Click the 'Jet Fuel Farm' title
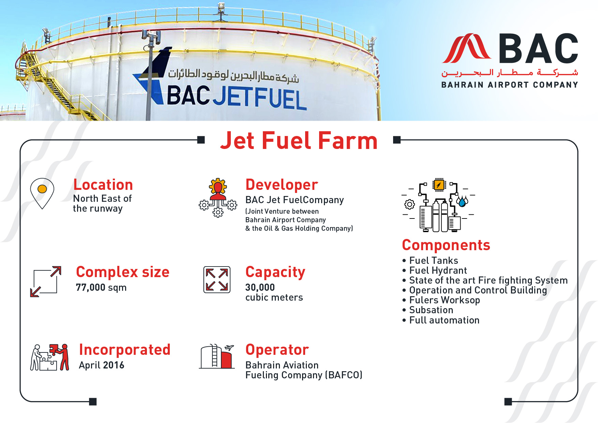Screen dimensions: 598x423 pos(299,140)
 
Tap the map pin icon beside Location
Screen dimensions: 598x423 pos(42,193)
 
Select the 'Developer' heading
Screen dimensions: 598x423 pos(282,185)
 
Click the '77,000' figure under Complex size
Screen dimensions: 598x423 pos(90,287)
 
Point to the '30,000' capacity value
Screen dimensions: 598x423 pos(260,287)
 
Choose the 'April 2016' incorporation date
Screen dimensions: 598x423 pos(101,365)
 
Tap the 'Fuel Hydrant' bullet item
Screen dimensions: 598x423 pos(438,270)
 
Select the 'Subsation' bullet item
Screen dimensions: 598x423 pos(431,310)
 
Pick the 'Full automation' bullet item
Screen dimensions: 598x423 pos(444,320)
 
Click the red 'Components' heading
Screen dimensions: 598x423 pos(446,245)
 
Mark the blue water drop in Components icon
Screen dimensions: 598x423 pos(462,202)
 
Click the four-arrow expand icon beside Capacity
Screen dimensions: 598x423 pos(217,280)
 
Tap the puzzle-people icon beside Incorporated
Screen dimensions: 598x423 pos(50,357)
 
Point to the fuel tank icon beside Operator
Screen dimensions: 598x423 pos(217,356)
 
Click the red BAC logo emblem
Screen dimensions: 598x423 pos(466,48)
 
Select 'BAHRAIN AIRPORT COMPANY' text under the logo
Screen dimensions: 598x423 pos(510,85)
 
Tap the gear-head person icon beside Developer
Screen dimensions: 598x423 pos(218,198)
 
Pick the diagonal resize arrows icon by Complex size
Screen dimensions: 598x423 pos(46,282)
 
